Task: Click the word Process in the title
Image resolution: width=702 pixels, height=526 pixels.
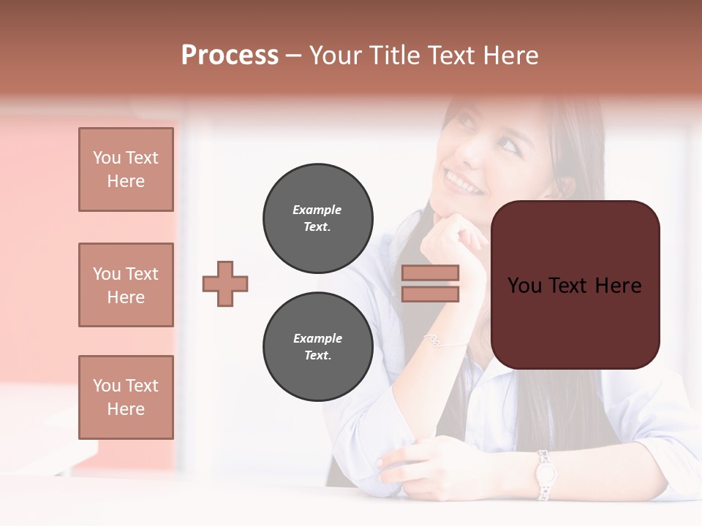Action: click(x=230, y=56)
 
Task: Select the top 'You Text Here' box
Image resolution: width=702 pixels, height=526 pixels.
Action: click(x=126, y=169)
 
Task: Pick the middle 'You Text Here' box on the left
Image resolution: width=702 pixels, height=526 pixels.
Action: click(x=126, y=285)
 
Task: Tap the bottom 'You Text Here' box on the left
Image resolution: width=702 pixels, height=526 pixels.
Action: click(x=126, y=397)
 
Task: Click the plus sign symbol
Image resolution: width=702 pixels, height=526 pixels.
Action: click(x=225, y=283)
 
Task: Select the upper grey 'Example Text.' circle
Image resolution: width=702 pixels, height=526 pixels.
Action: click(x=317, y=218)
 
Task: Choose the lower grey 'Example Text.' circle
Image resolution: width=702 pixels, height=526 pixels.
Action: click(x=317, y=347)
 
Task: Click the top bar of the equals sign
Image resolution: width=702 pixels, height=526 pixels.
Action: click(x=430, y=272)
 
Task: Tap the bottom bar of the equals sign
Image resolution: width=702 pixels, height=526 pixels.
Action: click(x=430, y=294)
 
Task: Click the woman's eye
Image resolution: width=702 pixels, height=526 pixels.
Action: click(x=507, y=143)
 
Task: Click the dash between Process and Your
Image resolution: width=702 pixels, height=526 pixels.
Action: click(x=294, y=56)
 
